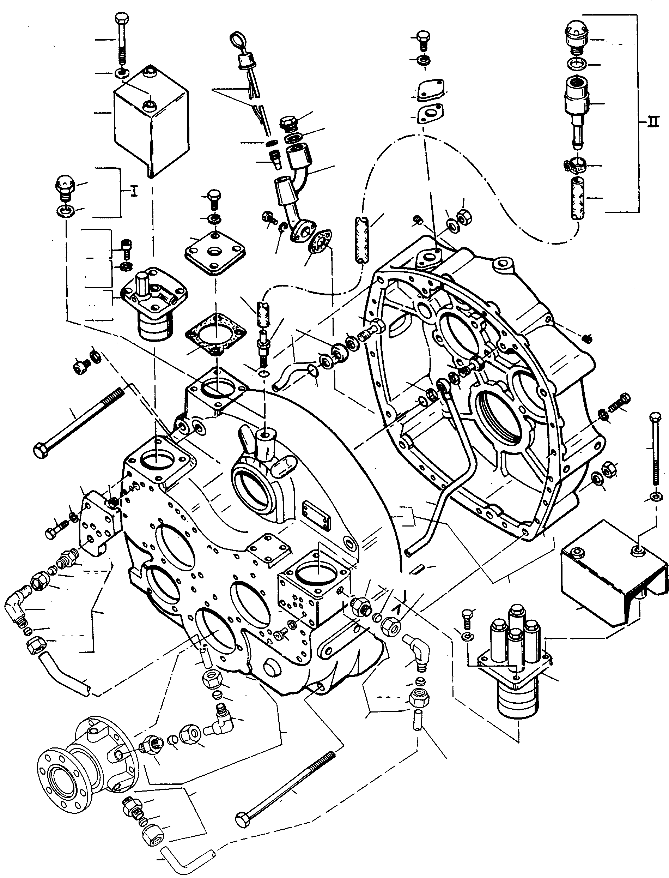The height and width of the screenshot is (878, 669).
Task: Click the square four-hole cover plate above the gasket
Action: (215, 254)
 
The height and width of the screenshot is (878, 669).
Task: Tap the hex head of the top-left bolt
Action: (121, 18)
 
